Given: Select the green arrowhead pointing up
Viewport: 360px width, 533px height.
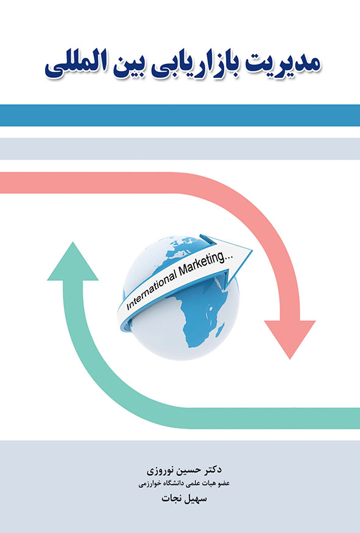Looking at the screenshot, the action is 72,261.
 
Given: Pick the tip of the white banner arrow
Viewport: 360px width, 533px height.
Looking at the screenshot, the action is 252,251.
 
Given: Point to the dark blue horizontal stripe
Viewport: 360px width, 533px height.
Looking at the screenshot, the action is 180,115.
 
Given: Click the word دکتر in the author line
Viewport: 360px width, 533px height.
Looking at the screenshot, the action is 212,470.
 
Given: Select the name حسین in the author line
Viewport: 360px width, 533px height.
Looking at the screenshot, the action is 186,470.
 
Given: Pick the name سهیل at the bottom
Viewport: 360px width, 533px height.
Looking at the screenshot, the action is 194,499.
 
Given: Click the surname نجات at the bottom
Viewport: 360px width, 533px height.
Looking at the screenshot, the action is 170,499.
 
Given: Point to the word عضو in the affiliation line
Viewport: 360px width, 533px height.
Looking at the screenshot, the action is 224,484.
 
